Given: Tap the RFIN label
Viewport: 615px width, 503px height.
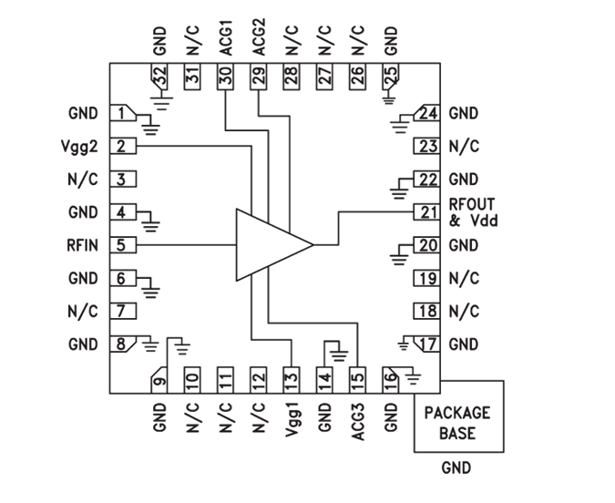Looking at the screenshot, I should tap(82, 245).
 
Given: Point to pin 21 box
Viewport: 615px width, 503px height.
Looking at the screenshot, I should tap(426, 212).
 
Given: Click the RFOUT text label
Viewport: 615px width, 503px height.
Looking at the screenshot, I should tap(472, 204).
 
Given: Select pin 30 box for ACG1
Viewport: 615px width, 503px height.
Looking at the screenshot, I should tap(225, 78).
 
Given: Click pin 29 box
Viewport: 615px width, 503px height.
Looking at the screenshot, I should tap(259, 78).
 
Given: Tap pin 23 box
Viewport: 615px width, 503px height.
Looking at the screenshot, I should tap(426, 146).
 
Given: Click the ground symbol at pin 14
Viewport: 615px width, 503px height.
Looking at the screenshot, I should tap(338, 351).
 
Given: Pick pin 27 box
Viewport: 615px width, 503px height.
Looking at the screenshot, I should tap(324, 78).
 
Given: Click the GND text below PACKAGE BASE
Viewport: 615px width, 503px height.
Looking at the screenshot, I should tap(456, 467).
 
